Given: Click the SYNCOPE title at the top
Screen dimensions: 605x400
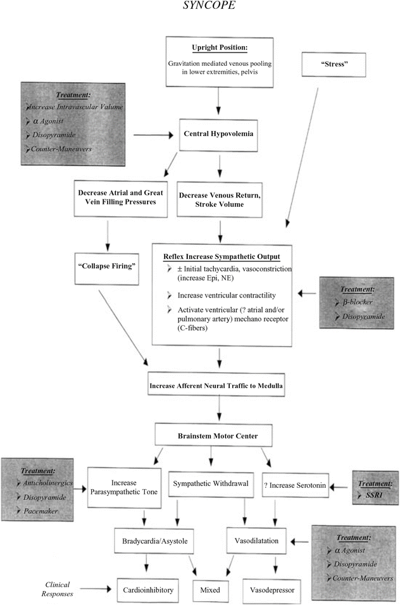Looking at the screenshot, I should (x=199, y=9).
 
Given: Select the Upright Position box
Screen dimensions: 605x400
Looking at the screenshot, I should (x=218, y=61).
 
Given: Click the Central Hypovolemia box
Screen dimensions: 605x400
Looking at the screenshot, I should (x=218, y=134).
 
